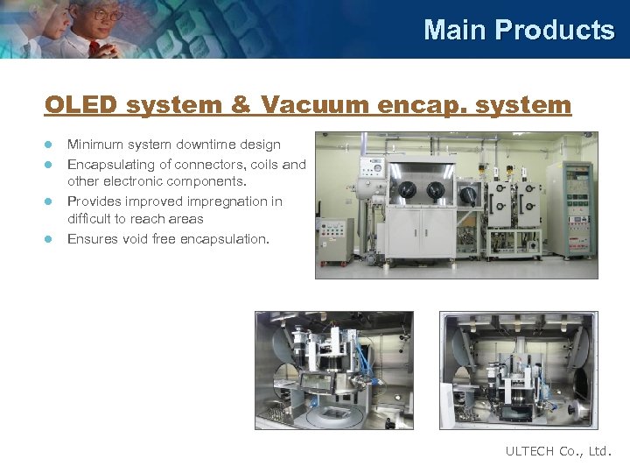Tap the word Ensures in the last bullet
[x=91, y=238]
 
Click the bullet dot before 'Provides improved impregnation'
[x=50, y=201]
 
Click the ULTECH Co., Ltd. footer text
[x=559, y=451]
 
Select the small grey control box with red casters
[x=335, y=238]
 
